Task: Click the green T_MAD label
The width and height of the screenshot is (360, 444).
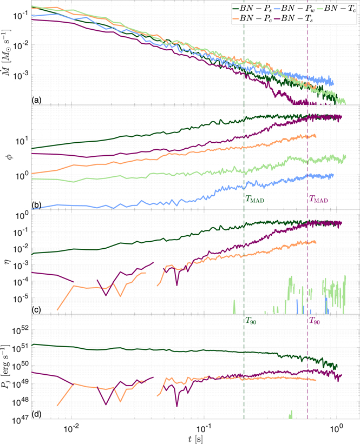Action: point(256,199)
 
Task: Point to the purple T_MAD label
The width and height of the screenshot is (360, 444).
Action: point(318,199)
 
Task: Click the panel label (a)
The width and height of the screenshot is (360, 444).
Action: point(36,99)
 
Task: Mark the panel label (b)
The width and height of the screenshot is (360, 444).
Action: point(36,204)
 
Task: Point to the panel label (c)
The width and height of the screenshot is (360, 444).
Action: point(36,310)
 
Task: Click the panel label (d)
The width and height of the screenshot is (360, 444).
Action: point(36,415)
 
